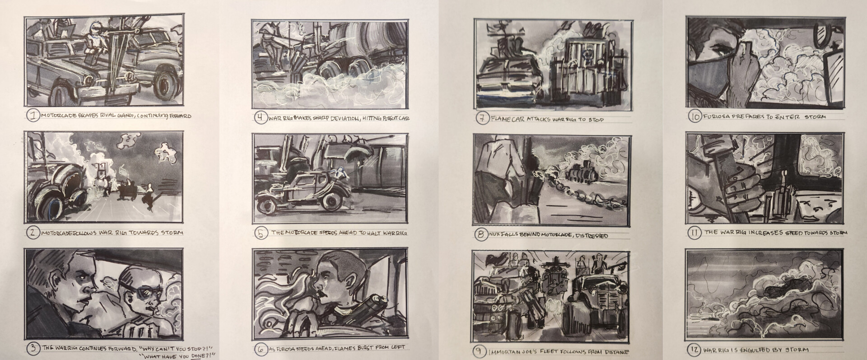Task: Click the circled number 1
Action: click(x=33, y=117)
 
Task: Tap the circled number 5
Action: click(x=260, y=233)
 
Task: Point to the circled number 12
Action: click(x=694, y=349)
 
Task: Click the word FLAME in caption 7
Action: click(x=500, y=120)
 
